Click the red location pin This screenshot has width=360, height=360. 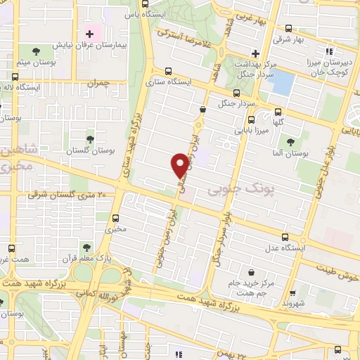180,165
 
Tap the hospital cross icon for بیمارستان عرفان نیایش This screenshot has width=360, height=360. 89,34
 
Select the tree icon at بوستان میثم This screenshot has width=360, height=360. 36,49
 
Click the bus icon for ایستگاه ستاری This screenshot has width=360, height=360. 167,71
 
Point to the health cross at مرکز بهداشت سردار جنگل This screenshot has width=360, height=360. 255,53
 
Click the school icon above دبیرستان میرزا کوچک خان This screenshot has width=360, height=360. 328,51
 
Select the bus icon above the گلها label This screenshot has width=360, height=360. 278,111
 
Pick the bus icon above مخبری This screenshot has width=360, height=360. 116,217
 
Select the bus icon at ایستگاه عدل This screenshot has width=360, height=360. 285,237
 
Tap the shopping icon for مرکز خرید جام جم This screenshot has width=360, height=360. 251,272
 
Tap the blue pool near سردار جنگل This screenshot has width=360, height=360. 281,83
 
